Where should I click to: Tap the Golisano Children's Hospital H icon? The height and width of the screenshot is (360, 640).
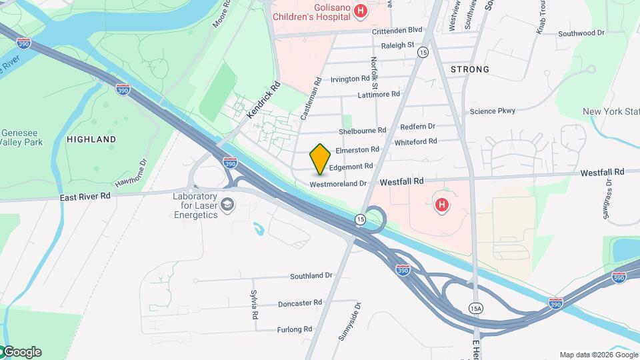point(361,11)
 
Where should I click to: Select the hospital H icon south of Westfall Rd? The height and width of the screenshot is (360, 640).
point(441,206)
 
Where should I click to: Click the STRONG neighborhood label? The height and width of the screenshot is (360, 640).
point(469,69)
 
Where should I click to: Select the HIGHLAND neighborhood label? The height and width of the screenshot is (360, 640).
point(91,139)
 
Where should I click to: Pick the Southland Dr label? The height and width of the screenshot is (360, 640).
point(311,275)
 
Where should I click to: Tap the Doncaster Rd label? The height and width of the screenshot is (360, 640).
point(300,303)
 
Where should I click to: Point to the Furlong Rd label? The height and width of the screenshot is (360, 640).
point(295,329)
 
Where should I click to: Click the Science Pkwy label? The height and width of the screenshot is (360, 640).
point(492,111)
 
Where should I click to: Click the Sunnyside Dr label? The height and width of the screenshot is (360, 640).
point(349,322)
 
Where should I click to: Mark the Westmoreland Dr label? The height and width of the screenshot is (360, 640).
point(339,183)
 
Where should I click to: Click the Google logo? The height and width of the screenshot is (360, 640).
point(21,352)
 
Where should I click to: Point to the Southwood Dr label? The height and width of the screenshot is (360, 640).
point(581,32)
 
